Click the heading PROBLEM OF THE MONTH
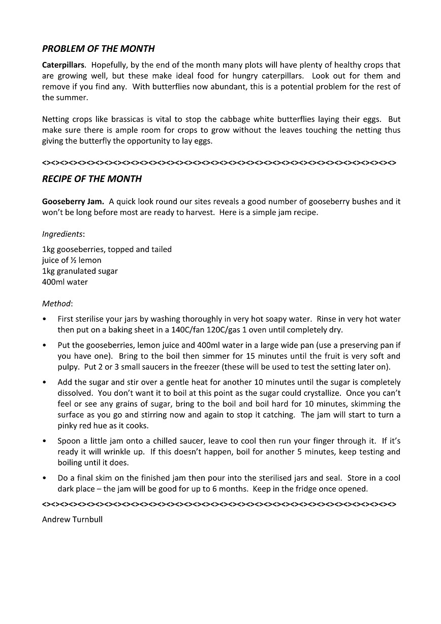pos(98,49)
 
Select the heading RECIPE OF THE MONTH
pos(92,179)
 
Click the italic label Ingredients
pos(63,234)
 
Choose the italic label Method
pos(57,304)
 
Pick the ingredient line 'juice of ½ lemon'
pos(72,260)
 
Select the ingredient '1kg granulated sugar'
pos(80,271)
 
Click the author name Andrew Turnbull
pos(72,520)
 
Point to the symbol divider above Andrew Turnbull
pos(219,505)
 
